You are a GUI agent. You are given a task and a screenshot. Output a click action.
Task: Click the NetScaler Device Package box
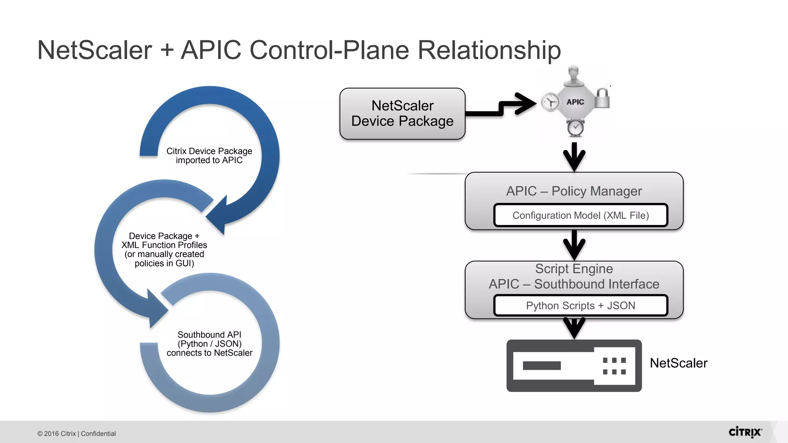click(402, 113)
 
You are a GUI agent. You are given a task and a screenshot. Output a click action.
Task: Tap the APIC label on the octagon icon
click(575, 102)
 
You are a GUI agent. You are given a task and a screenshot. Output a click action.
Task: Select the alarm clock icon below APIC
click(576, 128)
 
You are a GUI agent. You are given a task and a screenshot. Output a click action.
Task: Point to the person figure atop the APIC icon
click(574, 75)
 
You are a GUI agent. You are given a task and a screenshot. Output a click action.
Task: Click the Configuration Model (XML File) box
click(580, 215)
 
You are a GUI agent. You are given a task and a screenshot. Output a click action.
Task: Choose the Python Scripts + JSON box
click(580, 306)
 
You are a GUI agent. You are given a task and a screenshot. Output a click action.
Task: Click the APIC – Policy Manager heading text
click(574, 191)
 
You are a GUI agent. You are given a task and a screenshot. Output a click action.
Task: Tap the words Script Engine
click(574, 269)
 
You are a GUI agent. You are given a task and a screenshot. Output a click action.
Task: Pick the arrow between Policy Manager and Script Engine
click(574, 245)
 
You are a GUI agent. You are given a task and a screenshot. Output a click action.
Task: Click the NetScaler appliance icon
click(574, 366)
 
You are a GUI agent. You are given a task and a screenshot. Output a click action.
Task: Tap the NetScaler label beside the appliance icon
click(678, 363)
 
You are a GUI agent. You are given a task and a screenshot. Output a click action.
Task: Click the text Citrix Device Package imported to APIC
click(209, 156)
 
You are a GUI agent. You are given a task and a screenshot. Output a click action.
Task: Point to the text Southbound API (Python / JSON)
click(209, 339)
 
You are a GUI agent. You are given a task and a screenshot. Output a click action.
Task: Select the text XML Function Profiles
click(164, 245)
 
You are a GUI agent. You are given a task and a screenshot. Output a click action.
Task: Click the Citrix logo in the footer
click(745, 432)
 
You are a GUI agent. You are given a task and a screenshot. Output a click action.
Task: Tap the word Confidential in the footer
click(98, 434)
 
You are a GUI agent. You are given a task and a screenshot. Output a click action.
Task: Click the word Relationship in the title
click(489, 50)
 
